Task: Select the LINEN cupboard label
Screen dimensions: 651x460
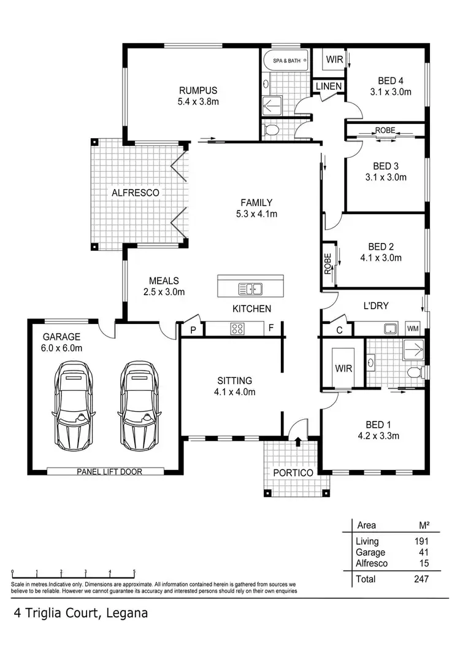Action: pyautogui.click(x=329, y=87)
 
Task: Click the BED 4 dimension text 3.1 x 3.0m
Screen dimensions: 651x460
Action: pyautogui.click(x=390, y=92)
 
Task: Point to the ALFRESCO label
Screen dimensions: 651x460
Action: pyautogui.click(x=135, y=193)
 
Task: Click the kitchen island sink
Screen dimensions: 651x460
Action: pyautogui.click(x=250, y=288)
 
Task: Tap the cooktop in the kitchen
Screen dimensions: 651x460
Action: pyautogui.click(x=237, y=328)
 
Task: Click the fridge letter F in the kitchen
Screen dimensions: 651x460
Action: pyautogui.click(x=270, y=328)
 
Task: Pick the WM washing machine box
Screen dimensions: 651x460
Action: pyautogui.click(x=413, y=328)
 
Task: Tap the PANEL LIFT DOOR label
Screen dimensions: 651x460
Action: pyautogui.click(x=106, y=472)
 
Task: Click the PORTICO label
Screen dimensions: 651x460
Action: pyautogui.click(x=293, y=473)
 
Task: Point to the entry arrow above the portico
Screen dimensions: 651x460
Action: pyautogui.click(x=297, y=440)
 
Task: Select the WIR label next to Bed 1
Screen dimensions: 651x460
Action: pyautogui.click(x=342, y=368)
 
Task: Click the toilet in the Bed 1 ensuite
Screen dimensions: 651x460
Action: pyautogui.click(x=415, y=371)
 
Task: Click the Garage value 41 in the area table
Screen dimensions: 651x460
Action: pyautogui.click(x=423, y=552)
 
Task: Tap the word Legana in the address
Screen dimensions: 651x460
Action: pyautogui.click(x=127, y=613)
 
